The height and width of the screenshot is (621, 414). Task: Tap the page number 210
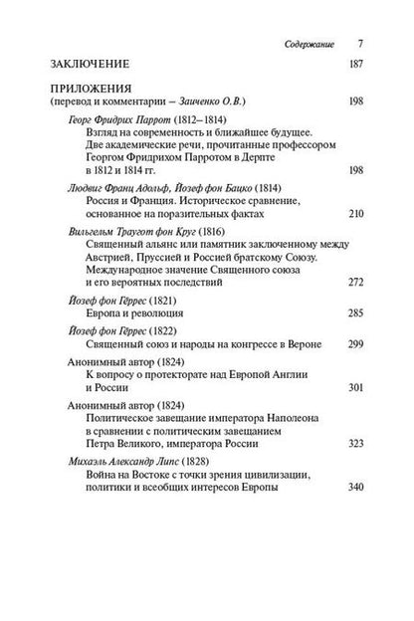(354, 213)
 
